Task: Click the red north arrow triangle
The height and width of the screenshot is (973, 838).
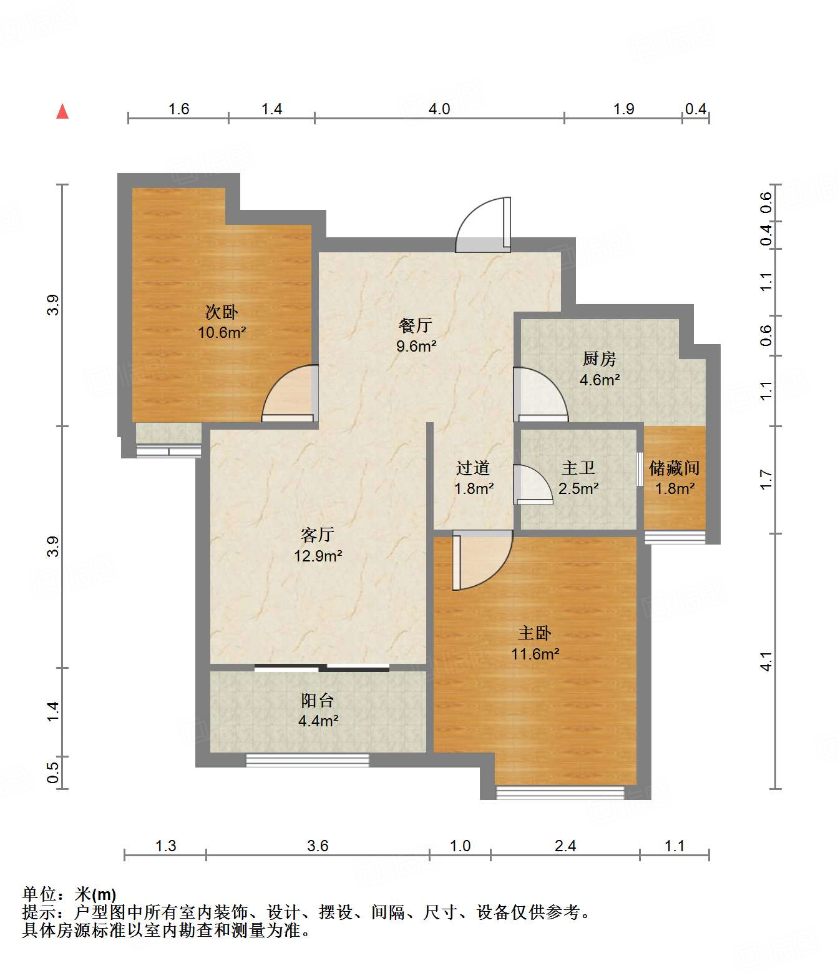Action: [62, 112]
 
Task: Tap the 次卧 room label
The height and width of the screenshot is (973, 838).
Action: [222, 312]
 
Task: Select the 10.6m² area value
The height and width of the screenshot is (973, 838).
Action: [222, 332]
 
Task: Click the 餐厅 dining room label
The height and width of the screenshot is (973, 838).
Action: [416, 325]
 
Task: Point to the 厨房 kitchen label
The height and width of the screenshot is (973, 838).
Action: [600, 358]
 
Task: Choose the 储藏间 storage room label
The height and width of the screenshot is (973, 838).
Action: [675, 468]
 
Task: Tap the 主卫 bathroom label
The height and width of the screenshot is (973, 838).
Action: [578, 468]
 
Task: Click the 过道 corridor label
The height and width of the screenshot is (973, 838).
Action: [473, 468]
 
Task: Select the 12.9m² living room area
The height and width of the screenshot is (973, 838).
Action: [318, 556]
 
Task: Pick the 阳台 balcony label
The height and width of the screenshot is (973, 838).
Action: [318, 701]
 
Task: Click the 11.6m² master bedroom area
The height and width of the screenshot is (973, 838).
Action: [535, 654]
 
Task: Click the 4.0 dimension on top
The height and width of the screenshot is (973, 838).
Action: [439, 109]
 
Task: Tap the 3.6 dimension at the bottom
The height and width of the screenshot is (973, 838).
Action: [318, 846]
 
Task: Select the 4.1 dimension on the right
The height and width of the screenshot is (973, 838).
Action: [766, 661]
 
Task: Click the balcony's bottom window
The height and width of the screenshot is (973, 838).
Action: [308, 760]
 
